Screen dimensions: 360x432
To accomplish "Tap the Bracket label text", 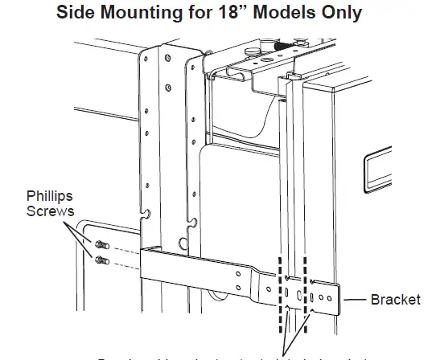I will (395, 300).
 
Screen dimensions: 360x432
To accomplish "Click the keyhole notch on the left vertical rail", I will (147, 215).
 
